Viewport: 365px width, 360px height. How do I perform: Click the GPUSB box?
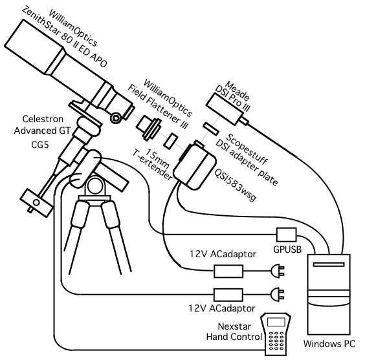pos(287,235)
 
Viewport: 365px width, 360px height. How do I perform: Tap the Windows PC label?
pos(329,343)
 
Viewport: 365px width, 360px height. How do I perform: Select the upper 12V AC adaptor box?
pos(228,271)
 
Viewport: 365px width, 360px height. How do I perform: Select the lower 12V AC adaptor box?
pos(228,295)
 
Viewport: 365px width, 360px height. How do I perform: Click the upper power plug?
pos(277,271)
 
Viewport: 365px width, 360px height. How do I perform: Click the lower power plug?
pos(277,295)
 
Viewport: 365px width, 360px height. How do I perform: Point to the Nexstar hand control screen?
pos(276,322)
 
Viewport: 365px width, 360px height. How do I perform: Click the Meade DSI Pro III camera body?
pos(225,107)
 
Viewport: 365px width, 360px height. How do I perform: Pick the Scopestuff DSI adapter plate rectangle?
pos(211,128)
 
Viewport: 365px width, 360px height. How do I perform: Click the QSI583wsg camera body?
pos(195,166)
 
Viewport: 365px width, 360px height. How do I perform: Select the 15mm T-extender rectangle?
pos(171,141)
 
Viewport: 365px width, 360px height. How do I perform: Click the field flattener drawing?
pos(148,128)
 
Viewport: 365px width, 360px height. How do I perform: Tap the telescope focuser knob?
pos(115,118)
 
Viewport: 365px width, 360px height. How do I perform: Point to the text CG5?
pos(40,145)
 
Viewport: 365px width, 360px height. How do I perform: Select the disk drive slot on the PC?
pos(329,264)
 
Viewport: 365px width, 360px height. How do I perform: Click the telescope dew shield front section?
pos(34,47)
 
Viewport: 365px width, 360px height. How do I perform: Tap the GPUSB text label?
pos(287,249)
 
